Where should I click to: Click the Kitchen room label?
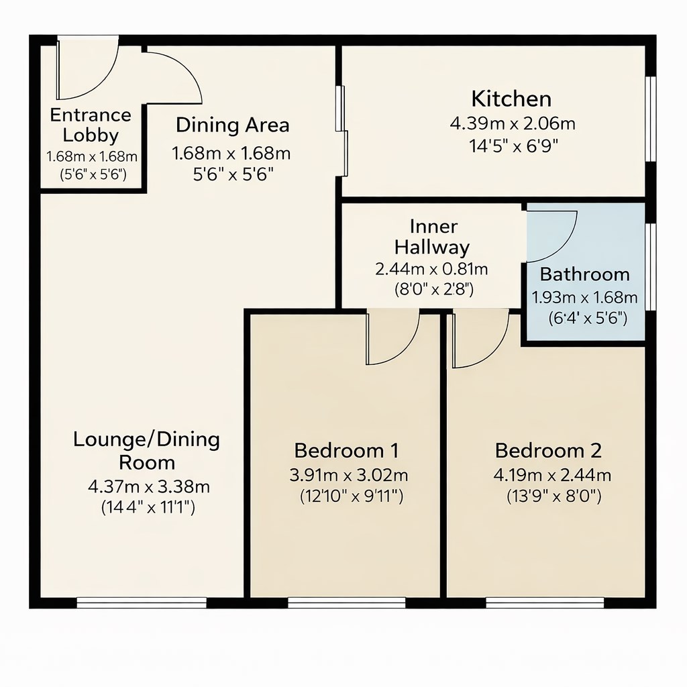(511, 99)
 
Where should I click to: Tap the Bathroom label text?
(584, 274)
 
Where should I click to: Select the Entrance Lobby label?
(91, 125)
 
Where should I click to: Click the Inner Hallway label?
(431, 237)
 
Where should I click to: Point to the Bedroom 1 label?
(347, 450)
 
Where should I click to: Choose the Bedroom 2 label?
(548, 450)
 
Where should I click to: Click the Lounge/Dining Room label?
(146, 451)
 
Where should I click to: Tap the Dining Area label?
(232, 125)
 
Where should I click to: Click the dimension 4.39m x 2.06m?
(512, 124)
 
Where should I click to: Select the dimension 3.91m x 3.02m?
(349, 476)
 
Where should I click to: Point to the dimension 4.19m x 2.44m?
(552, 476)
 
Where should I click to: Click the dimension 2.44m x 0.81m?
(431, 270)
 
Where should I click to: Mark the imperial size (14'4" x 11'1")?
(148, 508)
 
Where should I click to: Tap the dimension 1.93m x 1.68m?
(584, 297)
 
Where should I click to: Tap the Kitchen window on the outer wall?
(649, 119)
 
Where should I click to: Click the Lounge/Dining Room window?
(142, 602)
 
